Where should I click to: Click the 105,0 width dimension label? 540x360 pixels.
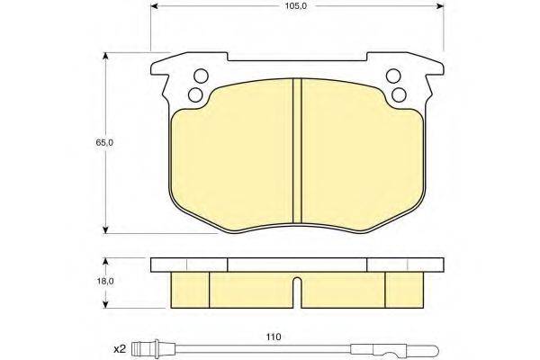(296, 6)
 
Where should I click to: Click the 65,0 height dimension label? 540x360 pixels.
(104, 142)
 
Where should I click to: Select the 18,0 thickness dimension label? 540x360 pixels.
(105, 281)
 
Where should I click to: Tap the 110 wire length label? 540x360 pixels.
(274, 337)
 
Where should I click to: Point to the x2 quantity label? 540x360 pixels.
(121, 350)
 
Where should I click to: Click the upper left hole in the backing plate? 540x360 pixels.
(201, 76)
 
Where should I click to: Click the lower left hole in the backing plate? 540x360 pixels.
(195, 94)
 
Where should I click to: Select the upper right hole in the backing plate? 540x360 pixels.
(393, 76)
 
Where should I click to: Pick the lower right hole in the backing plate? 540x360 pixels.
(399, 94)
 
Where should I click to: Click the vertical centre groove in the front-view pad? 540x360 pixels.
(297, 151)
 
